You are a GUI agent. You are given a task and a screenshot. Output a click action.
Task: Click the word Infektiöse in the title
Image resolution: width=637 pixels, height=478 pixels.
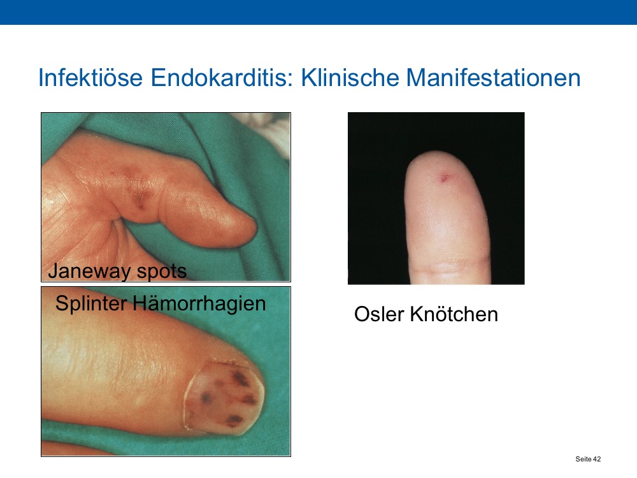[x=90, y=77]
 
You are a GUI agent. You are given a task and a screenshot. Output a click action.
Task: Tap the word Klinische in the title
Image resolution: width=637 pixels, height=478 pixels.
[x=350, y=77]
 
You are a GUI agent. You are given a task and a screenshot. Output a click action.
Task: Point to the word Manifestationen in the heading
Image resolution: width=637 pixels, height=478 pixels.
[x=493, y=77]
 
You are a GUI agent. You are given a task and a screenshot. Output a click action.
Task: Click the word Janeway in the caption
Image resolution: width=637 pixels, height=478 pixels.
[x=89, y=271]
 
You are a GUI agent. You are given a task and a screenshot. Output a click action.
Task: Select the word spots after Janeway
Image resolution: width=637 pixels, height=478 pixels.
[x=161, y=272]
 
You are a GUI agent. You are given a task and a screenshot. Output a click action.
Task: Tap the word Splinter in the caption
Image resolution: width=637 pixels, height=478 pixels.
[x=91, y=303]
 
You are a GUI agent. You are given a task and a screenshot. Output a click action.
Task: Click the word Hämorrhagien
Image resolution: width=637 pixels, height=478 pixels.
[x=199, y=303]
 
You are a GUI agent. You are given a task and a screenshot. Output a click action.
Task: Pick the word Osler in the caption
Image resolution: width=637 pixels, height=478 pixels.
[x=379, y=314]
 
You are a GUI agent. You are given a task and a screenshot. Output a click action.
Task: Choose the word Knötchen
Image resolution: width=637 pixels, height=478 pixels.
[x=454, y=314]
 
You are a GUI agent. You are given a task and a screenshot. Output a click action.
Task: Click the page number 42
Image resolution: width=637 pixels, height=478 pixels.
[x=596, y=459]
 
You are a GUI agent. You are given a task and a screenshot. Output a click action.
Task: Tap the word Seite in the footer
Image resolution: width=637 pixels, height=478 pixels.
[x=583, y=459]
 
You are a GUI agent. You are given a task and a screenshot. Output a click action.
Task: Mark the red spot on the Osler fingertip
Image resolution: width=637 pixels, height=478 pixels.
[x=445, y=177]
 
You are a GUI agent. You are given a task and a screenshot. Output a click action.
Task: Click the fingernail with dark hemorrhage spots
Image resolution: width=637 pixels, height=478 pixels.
[x=224, y=396]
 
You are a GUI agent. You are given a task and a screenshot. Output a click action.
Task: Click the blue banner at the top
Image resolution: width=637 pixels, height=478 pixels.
[x=318, y=12]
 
